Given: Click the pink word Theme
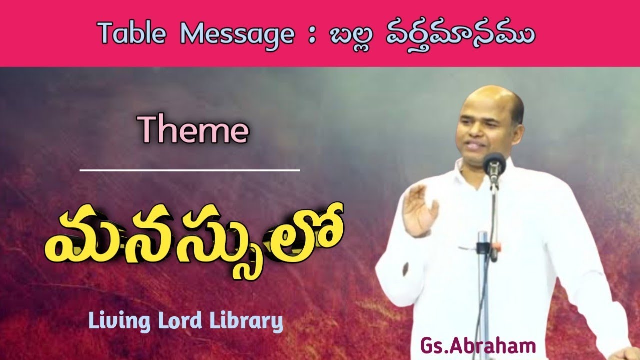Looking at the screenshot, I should click(194, 131).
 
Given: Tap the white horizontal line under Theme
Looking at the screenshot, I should click(189, 170).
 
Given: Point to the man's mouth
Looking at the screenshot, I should click(475, 146).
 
